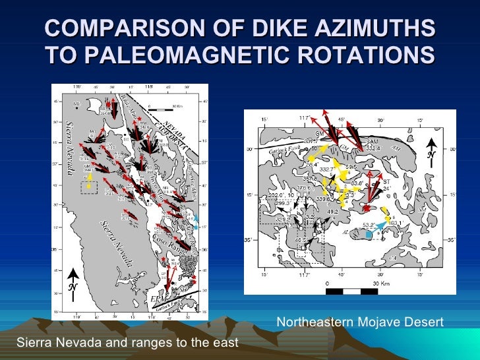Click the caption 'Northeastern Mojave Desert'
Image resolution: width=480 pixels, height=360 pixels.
[359, 322]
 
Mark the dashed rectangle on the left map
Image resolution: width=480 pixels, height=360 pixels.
[88, 188]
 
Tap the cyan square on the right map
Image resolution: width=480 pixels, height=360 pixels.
[369, 233]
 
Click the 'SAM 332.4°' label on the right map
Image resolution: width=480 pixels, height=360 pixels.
[373, 145]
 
